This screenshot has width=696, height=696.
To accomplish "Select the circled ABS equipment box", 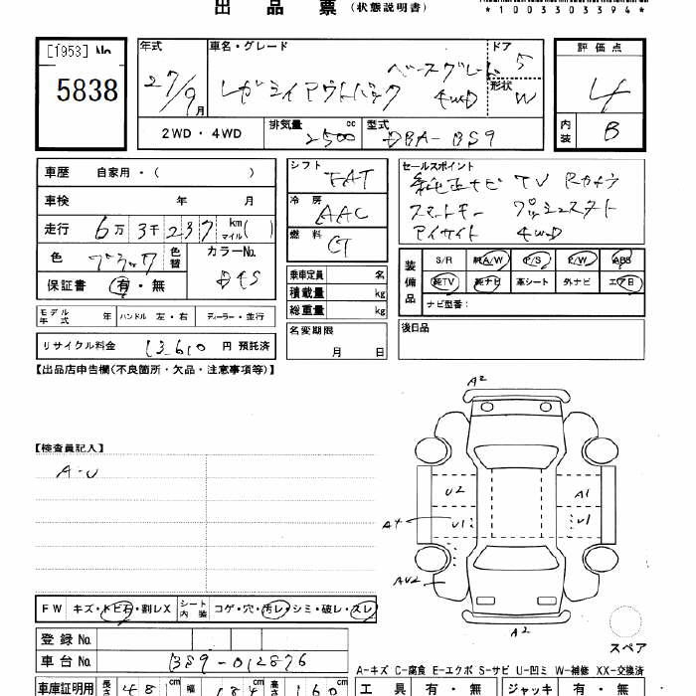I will coord(621,260).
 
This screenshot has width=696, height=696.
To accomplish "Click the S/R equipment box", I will coord(442,260).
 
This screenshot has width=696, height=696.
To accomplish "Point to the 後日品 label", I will coord(415,327).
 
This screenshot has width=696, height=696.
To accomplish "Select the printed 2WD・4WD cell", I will coord(197,132).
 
